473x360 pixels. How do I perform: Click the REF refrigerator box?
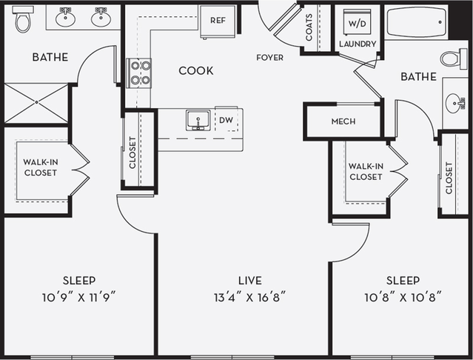coord(218,21)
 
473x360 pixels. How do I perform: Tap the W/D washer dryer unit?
coord(358,22)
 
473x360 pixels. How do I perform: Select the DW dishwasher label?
coord(226,119)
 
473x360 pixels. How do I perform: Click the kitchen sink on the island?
coord(198,121)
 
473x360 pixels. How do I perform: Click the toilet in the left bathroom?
coord(24,19)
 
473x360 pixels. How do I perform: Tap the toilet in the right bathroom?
coord(453,58)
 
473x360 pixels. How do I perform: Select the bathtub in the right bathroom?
coord(417,22)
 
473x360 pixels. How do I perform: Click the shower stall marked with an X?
coord(36,103)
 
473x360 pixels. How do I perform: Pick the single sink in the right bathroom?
coord(455,102)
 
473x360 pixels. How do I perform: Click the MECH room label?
coord(344,121)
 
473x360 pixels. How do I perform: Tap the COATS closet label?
coord(309,29)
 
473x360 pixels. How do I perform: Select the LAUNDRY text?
coord(358,44)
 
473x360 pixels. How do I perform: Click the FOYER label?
coord(269,58)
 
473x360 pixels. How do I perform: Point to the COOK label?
coord(196,71)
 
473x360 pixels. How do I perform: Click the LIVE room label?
coord(250,281)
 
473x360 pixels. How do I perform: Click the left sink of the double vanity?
coord(65,18)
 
